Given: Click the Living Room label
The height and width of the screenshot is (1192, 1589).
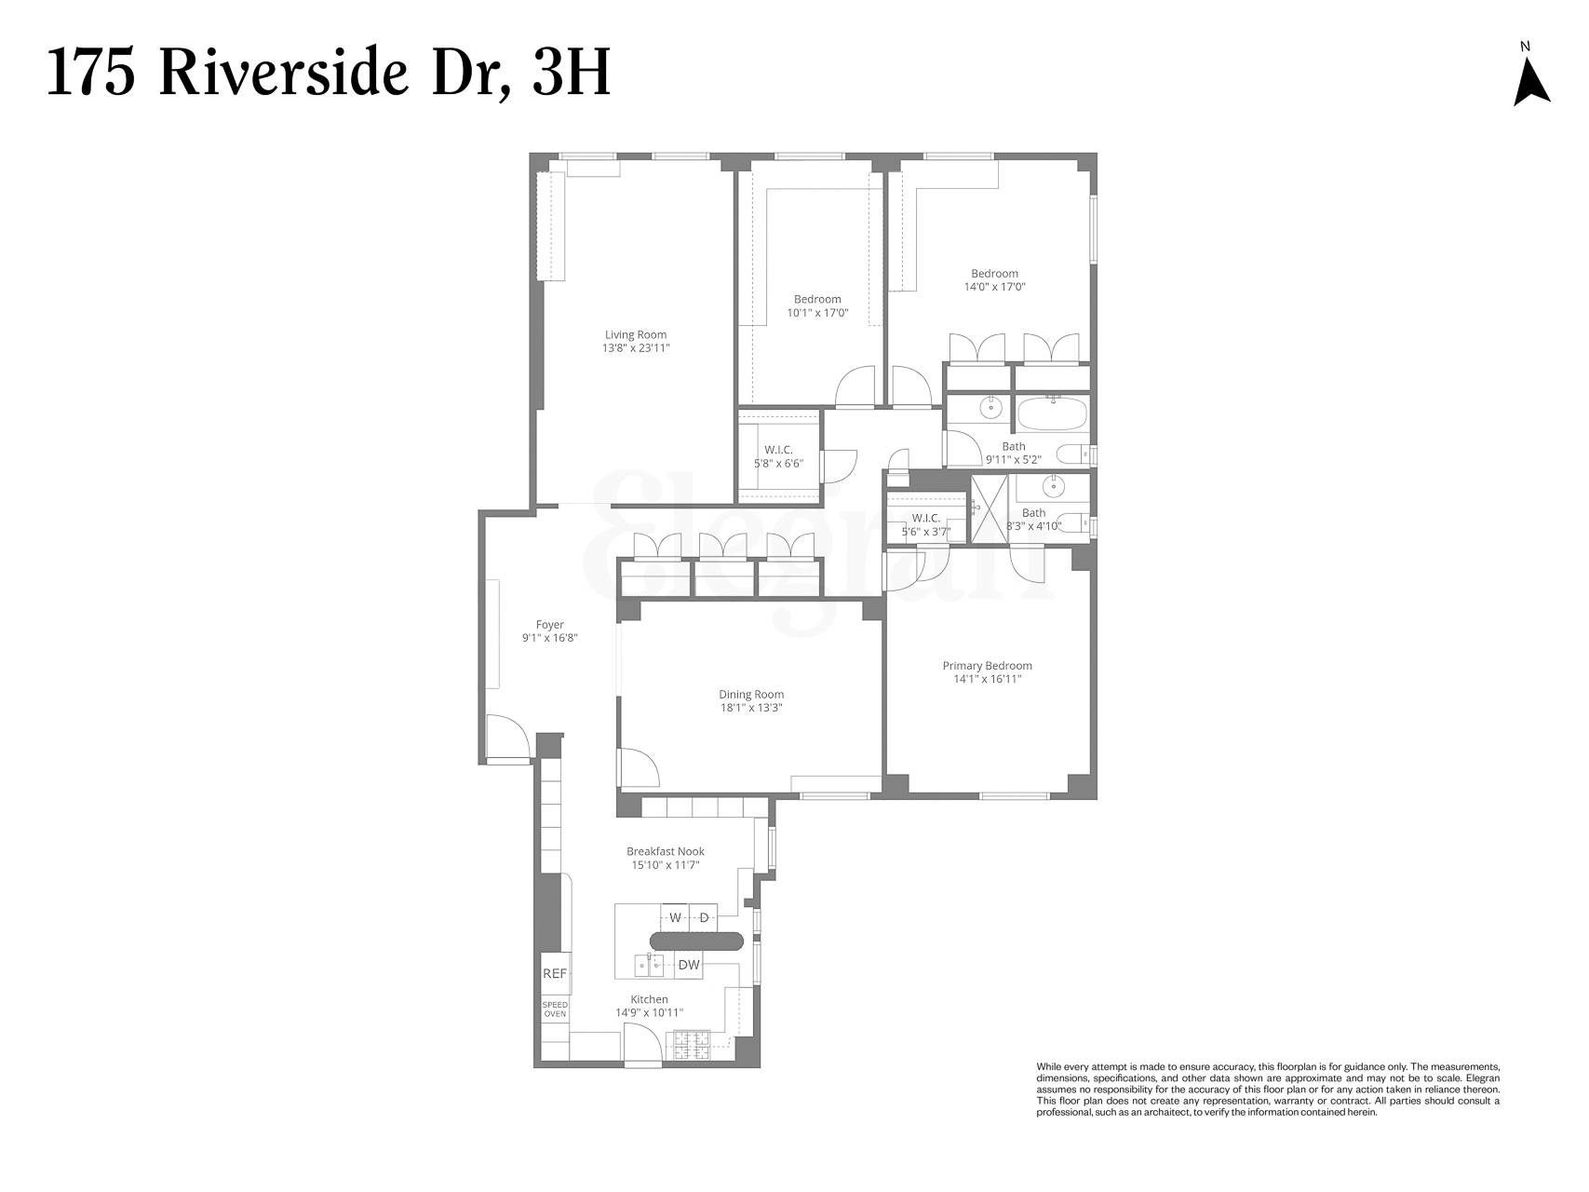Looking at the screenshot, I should pyautogui.click(x=636, y=335).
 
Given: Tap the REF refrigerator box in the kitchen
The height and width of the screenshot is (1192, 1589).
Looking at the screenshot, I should pyautogui.click(x=555, y=974).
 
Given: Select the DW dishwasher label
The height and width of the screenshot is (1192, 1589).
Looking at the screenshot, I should pyautogui.click(x=689, y=966).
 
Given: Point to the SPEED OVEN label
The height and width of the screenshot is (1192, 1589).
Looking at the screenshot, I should pyautogui.click(x=555, y=1009).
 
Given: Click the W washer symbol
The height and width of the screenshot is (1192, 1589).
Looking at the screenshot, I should pyautogui.click(x=675, y=917).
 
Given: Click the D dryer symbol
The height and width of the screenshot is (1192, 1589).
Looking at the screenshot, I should pyautogui.click(x=704, y=917).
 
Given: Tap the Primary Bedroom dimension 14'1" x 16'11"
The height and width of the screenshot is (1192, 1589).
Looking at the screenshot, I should pyautogui.click(x=987, y=680).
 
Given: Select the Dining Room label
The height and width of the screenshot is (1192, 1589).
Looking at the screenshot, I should pyautogui.click(x=750, y=694).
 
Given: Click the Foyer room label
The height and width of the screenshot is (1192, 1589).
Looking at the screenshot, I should pyautogui.click(x=549, y=625).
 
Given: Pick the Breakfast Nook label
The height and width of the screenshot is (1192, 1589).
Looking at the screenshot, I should pyautogui.click(x=665, y=851).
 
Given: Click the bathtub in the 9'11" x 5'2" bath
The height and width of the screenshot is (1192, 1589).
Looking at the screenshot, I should pyautogui.click(x=1053, y=413).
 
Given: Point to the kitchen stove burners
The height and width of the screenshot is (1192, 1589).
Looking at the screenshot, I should pyautogui.click(x=692, y=1045).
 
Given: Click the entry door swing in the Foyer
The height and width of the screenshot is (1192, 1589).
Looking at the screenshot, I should pyautogui.click(x=508, y=738).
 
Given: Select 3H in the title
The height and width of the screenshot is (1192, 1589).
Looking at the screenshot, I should pyautogui.click(x=571, y=74).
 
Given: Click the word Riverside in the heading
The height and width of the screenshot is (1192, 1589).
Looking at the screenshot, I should pyautogui.click(x=283, y=74).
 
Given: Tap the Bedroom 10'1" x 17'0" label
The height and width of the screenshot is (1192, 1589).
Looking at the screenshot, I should pyautogui.click(x=817, y=299).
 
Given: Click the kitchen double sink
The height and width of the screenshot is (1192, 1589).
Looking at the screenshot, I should pyautogui.click(x=649, y=966).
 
